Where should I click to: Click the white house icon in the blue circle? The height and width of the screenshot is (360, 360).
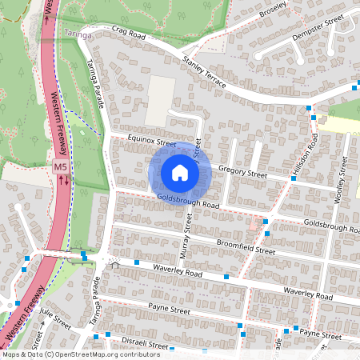point(180,172)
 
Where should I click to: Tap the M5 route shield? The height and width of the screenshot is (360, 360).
point(61,167)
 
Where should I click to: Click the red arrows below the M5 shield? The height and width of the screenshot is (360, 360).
point(62,180)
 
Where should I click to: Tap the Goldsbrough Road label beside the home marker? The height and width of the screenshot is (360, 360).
point(188,200)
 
